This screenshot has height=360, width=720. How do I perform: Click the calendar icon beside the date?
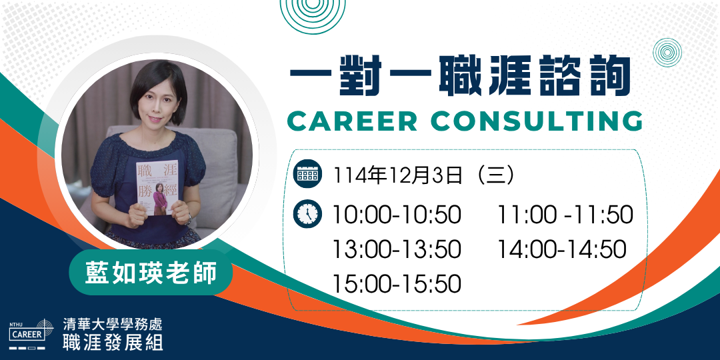point(307,173)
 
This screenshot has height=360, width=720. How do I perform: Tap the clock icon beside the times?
point(307,214)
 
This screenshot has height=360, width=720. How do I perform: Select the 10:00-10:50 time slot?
point(396,215)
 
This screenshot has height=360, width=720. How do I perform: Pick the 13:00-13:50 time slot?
point(396,249)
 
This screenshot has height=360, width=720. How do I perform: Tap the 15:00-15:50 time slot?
point(396,284)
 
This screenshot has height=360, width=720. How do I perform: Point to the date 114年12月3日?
point(397,175)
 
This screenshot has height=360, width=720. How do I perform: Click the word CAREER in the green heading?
point(352,121)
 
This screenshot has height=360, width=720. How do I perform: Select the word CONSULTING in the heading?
point(538,121)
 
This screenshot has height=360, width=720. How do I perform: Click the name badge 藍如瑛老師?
point(151,274)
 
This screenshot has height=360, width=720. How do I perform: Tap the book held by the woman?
point(157,187)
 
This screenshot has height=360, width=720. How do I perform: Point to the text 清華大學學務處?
point(113,325)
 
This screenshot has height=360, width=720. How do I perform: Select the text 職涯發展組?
point(113,343)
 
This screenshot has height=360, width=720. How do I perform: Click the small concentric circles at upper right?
point(667,53)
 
